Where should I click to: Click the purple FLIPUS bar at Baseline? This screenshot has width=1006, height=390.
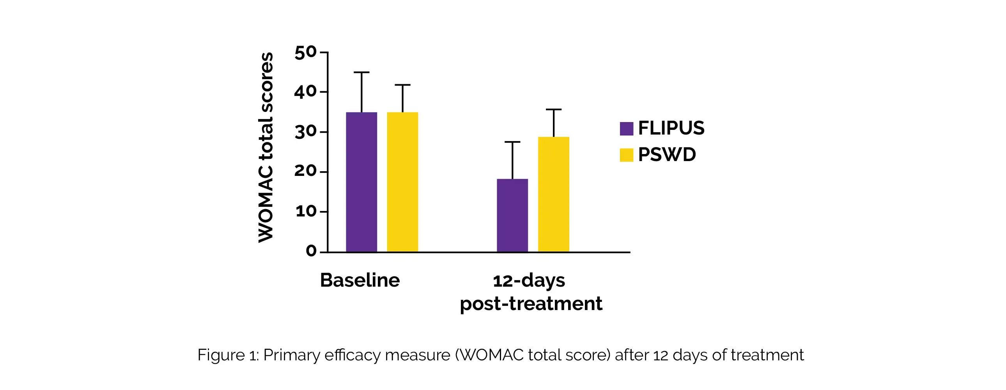point(361,182)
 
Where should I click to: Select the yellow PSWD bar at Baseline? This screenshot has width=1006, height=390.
point(402,182)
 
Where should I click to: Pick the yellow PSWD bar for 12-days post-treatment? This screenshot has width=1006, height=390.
point(553,194)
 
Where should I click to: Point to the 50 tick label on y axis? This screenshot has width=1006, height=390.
point(305,53)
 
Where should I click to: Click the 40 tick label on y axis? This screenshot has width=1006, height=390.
point(305,92)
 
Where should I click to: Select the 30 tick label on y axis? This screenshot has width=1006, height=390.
point(305,133)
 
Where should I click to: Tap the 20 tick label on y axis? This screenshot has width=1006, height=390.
point(305,172)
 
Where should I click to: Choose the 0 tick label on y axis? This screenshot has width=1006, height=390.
point(311,251)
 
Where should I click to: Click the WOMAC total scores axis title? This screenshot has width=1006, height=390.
point(266,148)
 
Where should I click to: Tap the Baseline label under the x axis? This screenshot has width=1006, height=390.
point(360,280)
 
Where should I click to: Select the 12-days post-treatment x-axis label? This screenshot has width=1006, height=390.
point(531,292)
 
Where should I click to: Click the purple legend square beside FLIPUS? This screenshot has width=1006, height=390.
point(626,129)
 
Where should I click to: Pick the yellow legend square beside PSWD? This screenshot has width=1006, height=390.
point(626,155)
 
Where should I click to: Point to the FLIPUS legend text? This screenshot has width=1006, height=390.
point(671,128)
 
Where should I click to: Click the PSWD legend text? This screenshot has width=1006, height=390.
point(667,155)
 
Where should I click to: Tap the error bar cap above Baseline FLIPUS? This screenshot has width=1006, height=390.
point(361,72)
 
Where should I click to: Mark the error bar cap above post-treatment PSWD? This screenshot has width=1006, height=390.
point(553,110)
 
